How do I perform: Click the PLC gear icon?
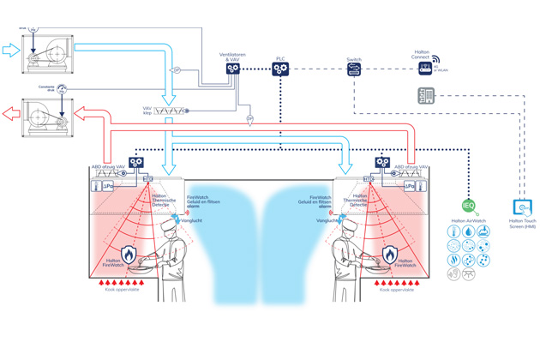click(x=280, y=69)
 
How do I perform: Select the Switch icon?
click(x=354, y=70)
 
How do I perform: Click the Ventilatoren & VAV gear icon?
click(x=232, y=69)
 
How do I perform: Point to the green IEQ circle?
click(x=468, y=206)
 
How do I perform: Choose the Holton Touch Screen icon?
click(x=521, y=207)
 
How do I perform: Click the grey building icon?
click(x=426, y=97)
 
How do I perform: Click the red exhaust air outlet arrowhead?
click(x=9, y=111)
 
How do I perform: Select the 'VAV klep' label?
click(x=151, y=111)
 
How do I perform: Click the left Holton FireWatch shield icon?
click(x=129, y=254)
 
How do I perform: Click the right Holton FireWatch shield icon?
click(x=389, y=254)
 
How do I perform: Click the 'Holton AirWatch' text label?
click(x=468, y=221)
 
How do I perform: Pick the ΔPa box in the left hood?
click(x=109, y=186)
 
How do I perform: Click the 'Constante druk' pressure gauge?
click(x=63, y=88)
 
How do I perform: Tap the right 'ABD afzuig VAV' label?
click(x=411, y=167)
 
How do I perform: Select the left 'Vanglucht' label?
click(x=193, y=221)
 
